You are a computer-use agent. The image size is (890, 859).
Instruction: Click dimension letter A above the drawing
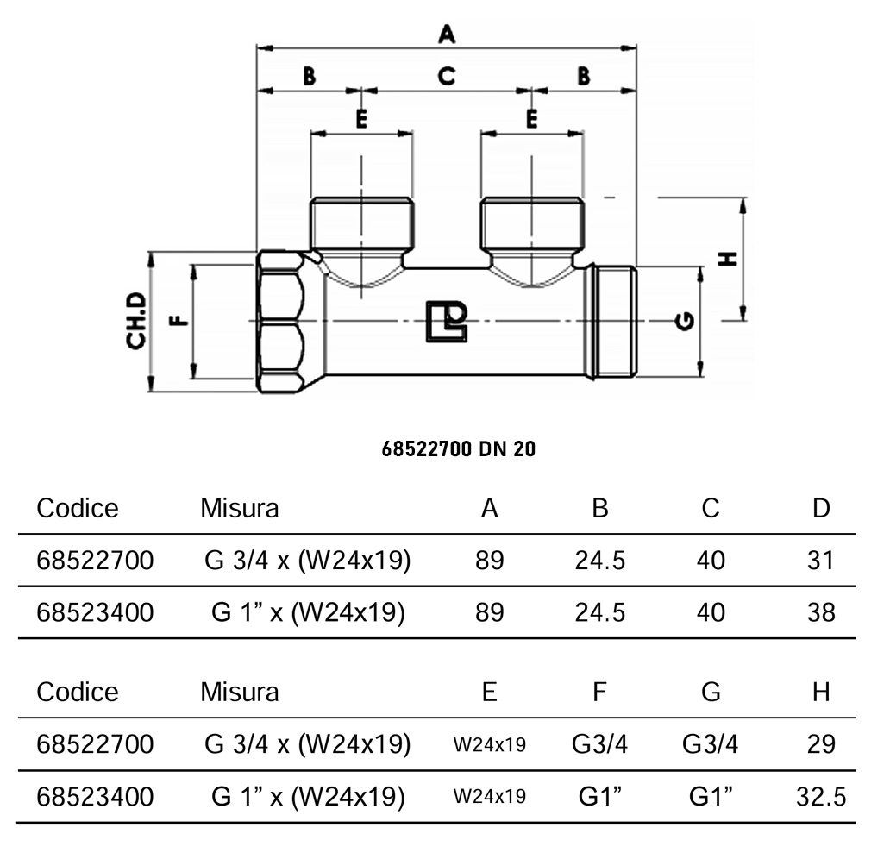coord(446,34)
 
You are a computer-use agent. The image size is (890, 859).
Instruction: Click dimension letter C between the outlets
coord(446,76)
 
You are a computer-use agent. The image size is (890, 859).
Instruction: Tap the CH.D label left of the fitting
coord(136,321)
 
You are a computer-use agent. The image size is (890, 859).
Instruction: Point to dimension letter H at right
coord(729,259)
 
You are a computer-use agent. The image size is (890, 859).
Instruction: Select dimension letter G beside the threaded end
coord(686,321)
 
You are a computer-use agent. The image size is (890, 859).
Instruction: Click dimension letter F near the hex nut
coord(178,321)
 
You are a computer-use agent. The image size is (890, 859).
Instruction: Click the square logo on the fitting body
coord(447,321)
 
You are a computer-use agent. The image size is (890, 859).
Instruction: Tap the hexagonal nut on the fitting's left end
coord(282,321)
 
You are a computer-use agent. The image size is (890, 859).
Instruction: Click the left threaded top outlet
coord(362,222)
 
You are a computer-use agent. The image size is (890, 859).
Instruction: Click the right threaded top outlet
coord(532,222)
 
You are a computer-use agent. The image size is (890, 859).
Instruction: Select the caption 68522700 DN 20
coord(458,449)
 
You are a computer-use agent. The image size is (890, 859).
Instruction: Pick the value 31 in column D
coord(821,561)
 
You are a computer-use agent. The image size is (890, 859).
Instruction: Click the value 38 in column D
coord(821,612)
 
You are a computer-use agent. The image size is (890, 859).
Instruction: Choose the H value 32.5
coord(820,797)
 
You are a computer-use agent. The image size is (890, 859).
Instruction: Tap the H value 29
coord(821,744)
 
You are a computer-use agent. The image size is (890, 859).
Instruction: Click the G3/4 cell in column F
coord(600,744)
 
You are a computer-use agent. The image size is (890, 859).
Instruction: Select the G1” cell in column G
coord(711,797)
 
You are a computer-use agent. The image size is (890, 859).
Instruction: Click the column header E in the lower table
coord(490,692)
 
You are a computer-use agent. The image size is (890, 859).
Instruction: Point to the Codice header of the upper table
coord(77,508)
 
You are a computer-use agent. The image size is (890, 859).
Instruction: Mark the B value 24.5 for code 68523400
coord(600,612)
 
